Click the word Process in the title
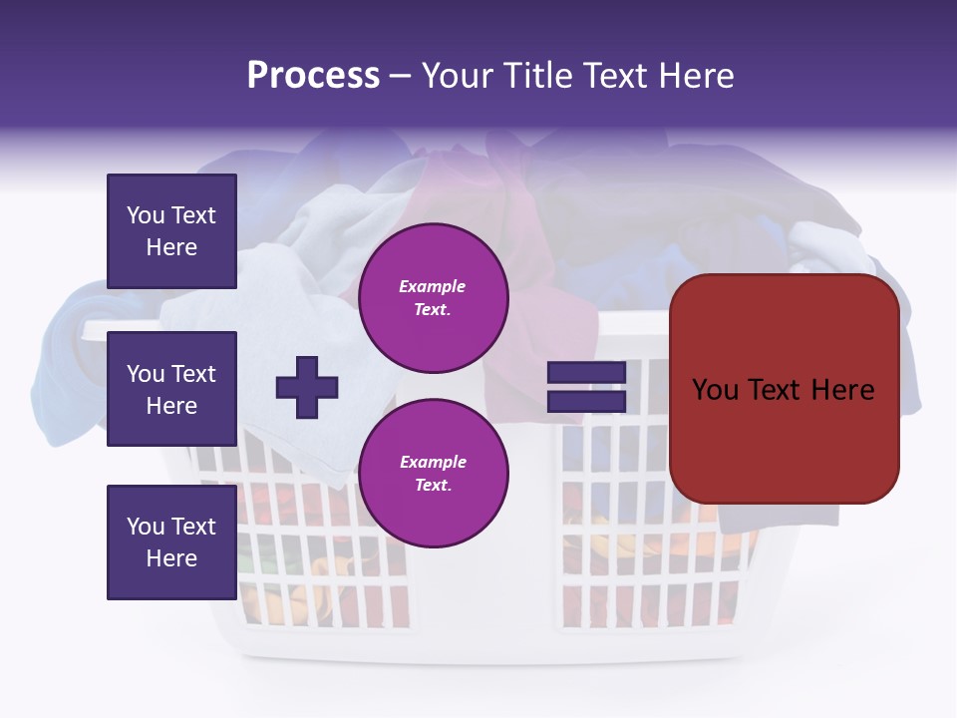pos(313,76)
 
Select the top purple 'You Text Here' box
pos(171,231)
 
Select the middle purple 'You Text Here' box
pos(171,389)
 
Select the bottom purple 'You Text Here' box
pos(171,541)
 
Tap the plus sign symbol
pos(306,386)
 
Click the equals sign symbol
pos(586,387)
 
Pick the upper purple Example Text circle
pos(433,298)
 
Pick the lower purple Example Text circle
pos(433,473)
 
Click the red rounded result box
pos(784,389)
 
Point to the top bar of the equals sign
pos(586,373)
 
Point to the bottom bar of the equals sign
pos(586,401)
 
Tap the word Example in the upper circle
pos(432,287)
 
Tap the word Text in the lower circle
pos(432,486)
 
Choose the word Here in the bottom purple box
pos(171,558)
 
